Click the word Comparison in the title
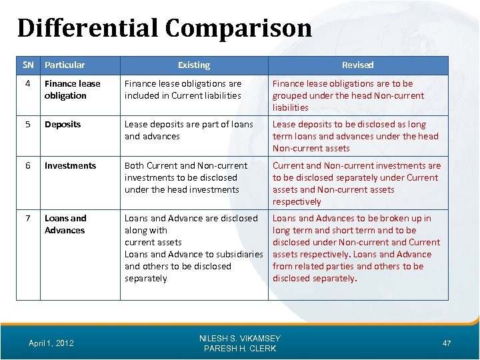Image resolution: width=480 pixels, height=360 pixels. [x=239, y=28]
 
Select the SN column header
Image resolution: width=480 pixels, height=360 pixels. [x=27, y=65]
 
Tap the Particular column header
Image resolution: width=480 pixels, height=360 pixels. [x=65, y=65]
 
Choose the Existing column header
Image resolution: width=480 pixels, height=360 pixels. [x=194, y=65]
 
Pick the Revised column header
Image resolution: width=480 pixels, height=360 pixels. [x=357, y=65]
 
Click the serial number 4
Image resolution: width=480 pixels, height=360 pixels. [x=27, y=84]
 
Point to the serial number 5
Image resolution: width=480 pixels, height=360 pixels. [x=27, y=125]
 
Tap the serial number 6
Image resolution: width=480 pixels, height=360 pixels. [x=27, y=166]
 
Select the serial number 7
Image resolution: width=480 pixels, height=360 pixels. [x=27, y=219]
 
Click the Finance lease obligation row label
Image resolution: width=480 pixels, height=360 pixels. [x=72, y=89]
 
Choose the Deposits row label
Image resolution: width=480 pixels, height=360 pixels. [x=63, y=125]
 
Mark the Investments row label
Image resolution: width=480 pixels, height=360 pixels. [x=70, y=166]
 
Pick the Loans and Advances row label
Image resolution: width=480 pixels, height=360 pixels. [x=65, y=224]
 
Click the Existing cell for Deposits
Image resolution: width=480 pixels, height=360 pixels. [x=189, y=130]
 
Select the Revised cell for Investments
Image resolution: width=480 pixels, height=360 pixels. [x=356, y=183]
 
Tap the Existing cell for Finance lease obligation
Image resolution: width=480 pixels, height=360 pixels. [x=183, y=89]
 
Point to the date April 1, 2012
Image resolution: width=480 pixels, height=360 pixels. [x=51, y=343]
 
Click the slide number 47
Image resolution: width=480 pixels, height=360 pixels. [x=446, y=343]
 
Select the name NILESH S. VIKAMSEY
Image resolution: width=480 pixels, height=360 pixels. [x=240, y=339]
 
